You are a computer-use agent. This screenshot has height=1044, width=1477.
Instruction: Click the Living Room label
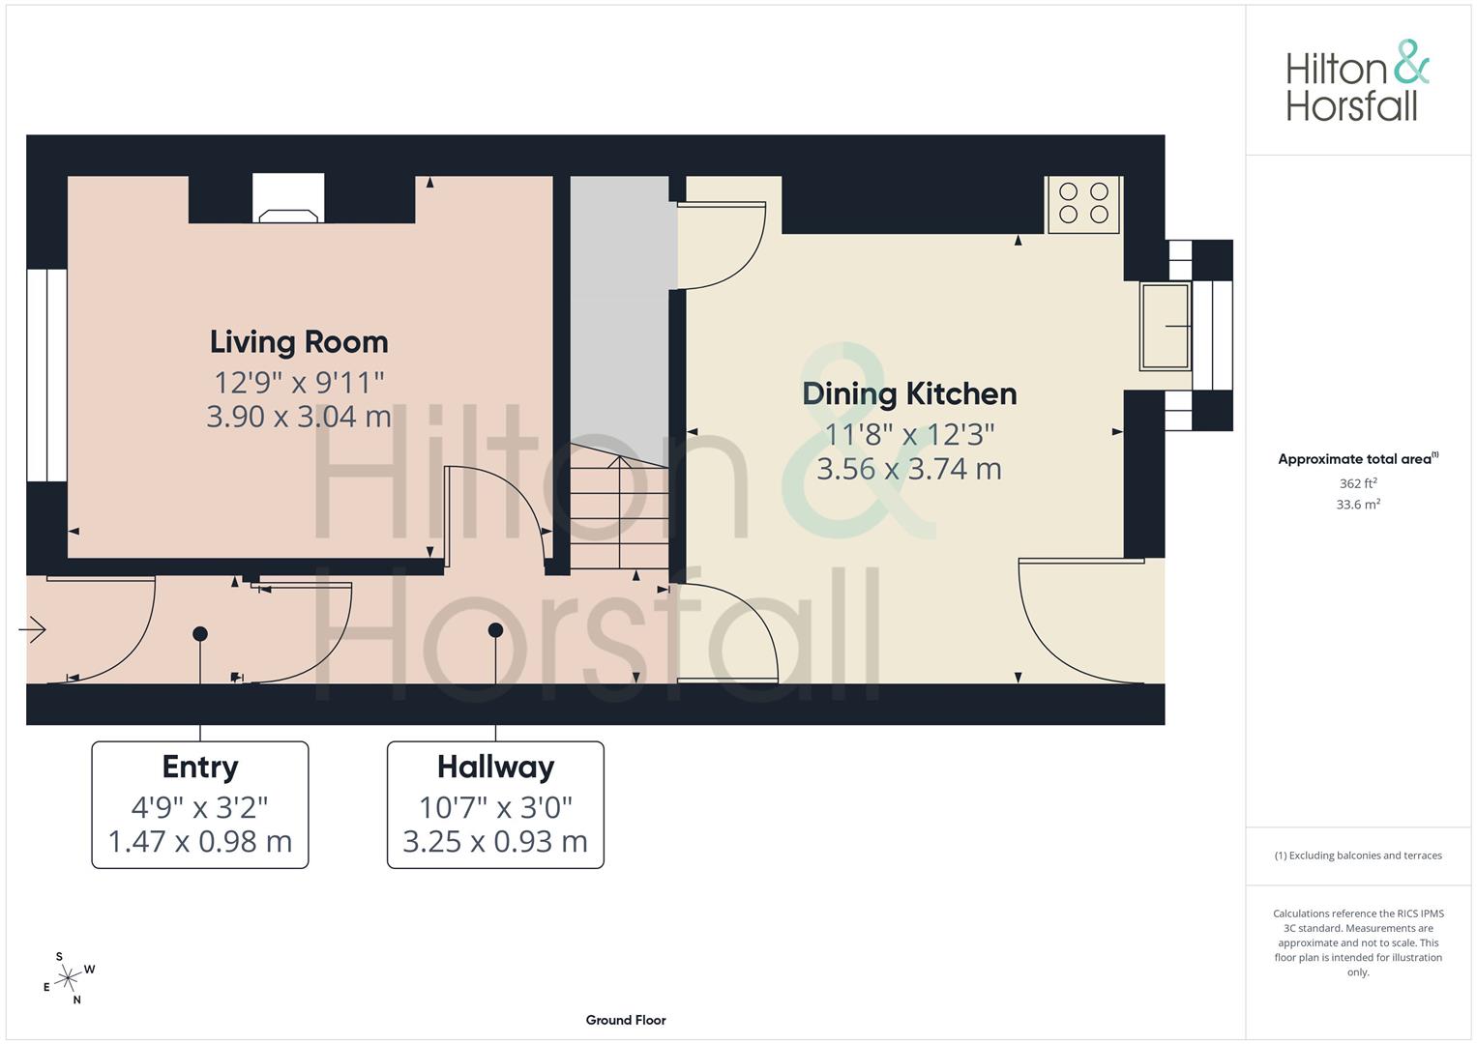299,343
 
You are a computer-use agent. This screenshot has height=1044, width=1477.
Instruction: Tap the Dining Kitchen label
909,394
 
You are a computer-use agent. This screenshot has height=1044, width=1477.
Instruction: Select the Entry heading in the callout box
200,768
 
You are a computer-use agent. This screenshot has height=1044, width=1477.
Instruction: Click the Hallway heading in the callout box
496,768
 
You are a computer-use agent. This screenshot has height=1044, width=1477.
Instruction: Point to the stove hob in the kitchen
1083,204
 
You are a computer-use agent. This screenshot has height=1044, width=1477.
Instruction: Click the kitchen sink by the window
1166,327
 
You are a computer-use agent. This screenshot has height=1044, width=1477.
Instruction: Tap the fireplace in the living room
288,198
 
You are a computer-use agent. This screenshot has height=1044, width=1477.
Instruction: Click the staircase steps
619,507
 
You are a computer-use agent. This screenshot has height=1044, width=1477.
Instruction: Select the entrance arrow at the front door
32,629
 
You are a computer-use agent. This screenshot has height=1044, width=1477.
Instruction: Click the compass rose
69,978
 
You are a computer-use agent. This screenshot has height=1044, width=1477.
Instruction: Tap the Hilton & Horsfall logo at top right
1358,81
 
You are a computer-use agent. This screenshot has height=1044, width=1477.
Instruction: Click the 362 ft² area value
1358,483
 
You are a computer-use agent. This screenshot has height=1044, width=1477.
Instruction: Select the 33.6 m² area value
1358,505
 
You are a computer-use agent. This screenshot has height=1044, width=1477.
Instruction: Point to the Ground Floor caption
626,1020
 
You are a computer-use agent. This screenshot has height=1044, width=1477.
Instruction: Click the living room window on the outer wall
46,375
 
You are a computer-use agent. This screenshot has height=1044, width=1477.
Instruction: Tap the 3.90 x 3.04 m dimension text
299,417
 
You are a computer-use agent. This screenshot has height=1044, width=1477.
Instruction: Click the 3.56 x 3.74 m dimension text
909,469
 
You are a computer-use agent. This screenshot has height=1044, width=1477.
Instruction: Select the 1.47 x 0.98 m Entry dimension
200,842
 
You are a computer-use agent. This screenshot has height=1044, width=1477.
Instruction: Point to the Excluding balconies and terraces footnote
1358,855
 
